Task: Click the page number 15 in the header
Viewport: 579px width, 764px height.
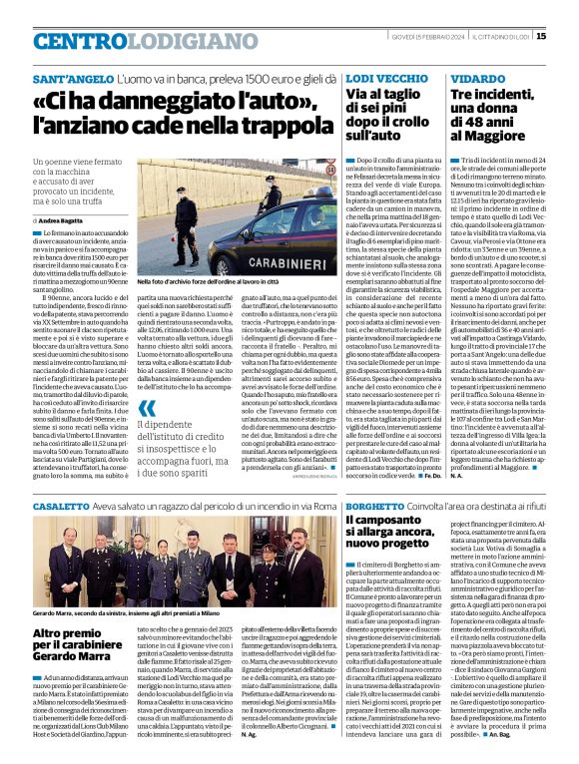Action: (x=568, y=36)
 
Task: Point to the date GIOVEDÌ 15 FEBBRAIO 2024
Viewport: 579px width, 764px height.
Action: (x=429, y=37)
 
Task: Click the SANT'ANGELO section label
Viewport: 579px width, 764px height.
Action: (x=70, y=78)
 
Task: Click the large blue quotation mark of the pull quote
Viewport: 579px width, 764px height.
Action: (x=146, y=407)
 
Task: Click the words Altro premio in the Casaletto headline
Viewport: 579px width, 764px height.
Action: (x=69, y=634)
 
